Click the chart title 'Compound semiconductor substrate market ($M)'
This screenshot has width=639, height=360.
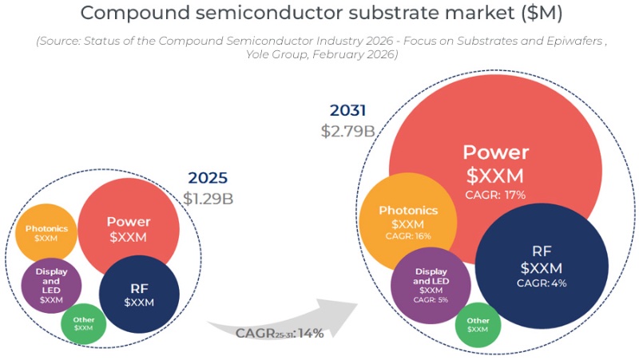coord(319,14)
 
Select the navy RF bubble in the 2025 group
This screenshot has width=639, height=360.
coord(139,294)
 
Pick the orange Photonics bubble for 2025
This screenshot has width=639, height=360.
coord(46,233)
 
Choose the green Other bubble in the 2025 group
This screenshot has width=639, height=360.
coord(83,323)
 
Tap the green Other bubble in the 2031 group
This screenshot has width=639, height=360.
coord(478,324)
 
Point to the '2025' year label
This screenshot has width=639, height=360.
coord(208,178)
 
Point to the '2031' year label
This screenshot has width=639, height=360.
coord(349,111)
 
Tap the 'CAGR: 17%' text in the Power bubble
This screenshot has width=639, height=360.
coord(495,194)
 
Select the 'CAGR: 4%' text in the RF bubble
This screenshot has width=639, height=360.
coord(541,283)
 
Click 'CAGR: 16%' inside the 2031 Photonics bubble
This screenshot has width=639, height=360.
coord(408,236)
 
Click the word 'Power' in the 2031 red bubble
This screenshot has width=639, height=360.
coord(495,152)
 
